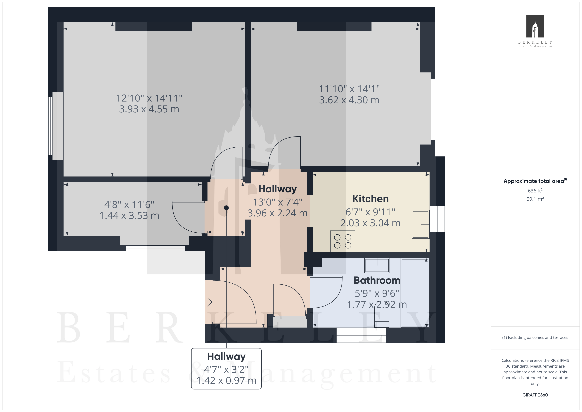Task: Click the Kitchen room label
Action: click(x=370, y=199)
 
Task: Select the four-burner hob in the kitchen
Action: click(x=342, y=241)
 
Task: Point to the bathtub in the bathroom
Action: click(x=415, y=292)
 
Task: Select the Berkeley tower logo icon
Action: click(x=535, y=26)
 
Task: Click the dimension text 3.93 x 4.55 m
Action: click(x=149, y=109)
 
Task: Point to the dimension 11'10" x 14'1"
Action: click(x=349, y=89)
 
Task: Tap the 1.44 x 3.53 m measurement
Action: click(x=129, y=216)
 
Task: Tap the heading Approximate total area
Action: click(x=534, y=181)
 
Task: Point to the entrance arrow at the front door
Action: click(x=208, y=302)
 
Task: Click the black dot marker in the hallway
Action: click(x=226, y=208)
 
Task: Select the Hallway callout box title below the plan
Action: click(x=226, y=356)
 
